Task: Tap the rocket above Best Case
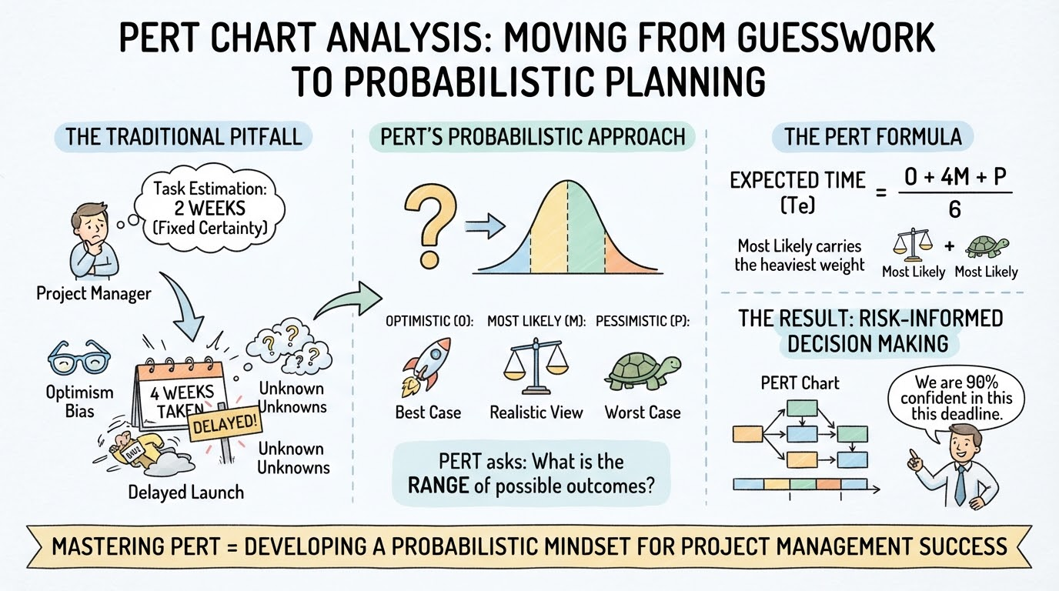coord(426,367)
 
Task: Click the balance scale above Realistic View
coord(536,366)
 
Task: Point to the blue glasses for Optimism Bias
coord(79,358)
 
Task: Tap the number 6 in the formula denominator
coord(954,209)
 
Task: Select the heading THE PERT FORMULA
coord(873,137)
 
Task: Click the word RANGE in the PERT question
coord(438,486)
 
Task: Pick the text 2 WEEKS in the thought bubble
coord(209,208)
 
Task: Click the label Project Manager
coord(94,294)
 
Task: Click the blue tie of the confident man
coord(960,486)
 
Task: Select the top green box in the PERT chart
coord(802,408)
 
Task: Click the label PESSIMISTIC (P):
coord(643,322)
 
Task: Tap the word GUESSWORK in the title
coord(836,37)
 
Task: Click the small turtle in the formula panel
coord(986,247)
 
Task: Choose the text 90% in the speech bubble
coord(979,382)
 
